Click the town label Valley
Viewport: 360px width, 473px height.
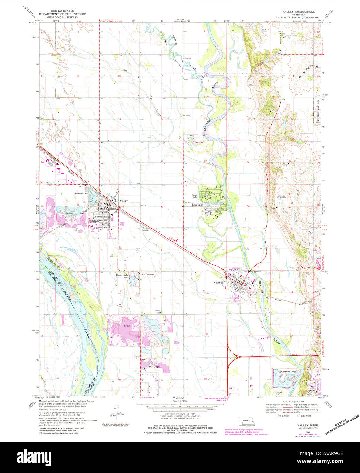tap(124, 201)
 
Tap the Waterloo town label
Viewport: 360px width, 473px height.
tap(218, 283)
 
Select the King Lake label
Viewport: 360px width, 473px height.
tap(197, 205)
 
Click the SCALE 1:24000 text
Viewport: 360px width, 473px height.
tap(180, 401)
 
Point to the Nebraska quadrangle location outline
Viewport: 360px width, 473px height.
tap(247, 420)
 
